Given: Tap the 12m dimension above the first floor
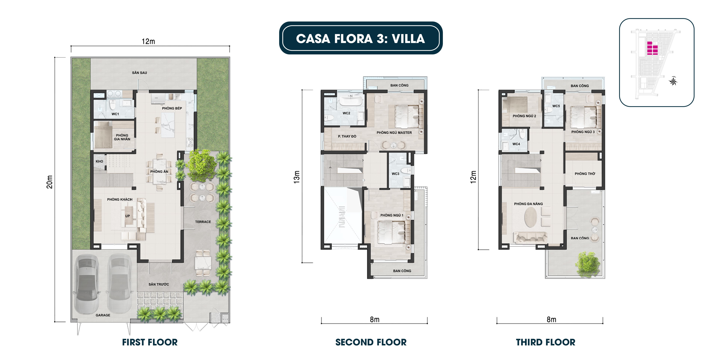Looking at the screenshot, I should tap(148, 42).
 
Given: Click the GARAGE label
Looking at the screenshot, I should tap(103, 315).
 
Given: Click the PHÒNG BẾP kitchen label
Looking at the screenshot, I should tap(172, 108).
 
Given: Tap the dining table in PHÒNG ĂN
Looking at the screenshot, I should tap(159, 171).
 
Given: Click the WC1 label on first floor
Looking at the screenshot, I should tap(115, 114).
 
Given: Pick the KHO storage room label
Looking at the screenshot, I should tap(99, 161).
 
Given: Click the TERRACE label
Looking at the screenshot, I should tap(203, 222).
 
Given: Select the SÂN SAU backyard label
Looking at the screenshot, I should tap(139, 73).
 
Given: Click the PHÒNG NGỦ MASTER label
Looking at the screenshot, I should tap(394, 133).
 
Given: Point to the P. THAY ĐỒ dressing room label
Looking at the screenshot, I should tap(347, 136).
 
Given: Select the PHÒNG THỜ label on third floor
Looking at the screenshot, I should tap(585, 174).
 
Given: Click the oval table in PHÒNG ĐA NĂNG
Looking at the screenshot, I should tap(530, 217).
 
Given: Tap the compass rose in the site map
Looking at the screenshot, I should tap(673, 81).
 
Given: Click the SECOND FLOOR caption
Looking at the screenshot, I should tap(371, 342).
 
